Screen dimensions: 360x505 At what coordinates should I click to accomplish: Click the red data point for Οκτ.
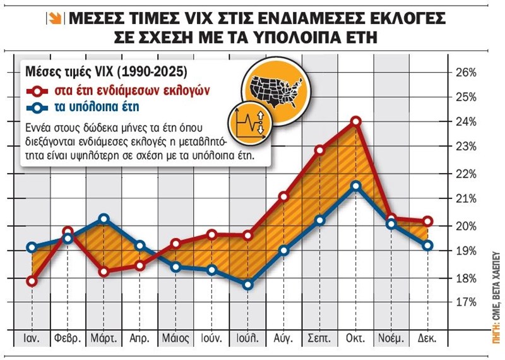pyautogui.click(x=356, y=121)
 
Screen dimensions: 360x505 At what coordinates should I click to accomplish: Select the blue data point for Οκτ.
pyautogui.click(x=356, y=186)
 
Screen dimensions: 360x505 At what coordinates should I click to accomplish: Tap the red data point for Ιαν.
pyautogui.click(x=32, y=280)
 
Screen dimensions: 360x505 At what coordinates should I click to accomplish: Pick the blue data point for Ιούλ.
pyautogui.click(x=248, y=285)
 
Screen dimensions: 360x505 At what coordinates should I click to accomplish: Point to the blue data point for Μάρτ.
pyautogui.click(x=104, y=219)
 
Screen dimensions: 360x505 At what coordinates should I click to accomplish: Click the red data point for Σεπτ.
pyautogui.click(x=320, y=150)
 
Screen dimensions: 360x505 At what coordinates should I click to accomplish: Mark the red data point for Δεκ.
pyautogui.click(x=428, y=221)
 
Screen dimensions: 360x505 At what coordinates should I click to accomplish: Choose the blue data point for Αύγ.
pyautogui.click(x=284, y=250)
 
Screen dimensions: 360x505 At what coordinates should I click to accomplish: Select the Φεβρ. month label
pyautogui.click(x=68, y=338)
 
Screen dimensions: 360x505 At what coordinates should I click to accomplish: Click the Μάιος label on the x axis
pyautogui.click(x=175, y=338)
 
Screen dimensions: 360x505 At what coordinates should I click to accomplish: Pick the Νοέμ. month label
pyautogui.click(x=391, y=338)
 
